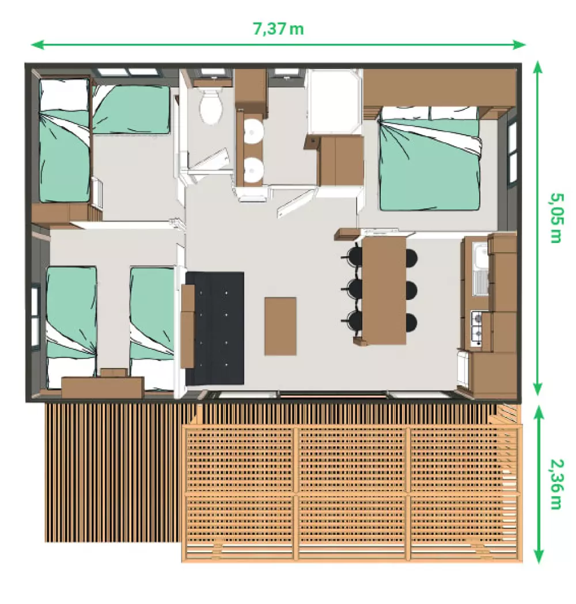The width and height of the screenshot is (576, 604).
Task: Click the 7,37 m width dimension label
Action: click(278, 29)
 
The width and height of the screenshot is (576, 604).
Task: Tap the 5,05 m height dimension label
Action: click(556, 218)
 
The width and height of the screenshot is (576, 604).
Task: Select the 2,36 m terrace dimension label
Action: click(556, 484)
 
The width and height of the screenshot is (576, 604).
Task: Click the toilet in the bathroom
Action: click(210, 105)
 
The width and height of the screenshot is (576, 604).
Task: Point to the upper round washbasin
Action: click(253, 131)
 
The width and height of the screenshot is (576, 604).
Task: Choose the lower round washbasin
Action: click(253, 170)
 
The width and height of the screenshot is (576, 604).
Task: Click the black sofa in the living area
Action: click(215, 328)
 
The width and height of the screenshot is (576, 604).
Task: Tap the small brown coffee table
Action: click(281, 326)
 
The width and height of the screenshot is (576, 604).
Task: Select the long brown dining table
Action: click(384, 290)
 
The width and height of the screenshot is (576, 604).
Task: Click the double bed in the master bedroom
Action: click(430, 158)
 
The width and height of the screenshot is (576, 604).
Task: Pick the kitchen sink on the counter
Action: click(482, 269)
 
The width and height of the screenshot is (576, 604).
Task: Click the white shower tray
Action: click(335, 102)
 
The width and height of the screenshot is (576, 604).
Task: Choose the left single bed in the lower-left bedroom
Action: click(71, 328)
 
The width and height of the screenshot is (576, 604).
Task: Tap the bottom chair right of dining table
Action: click(411, 323)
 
